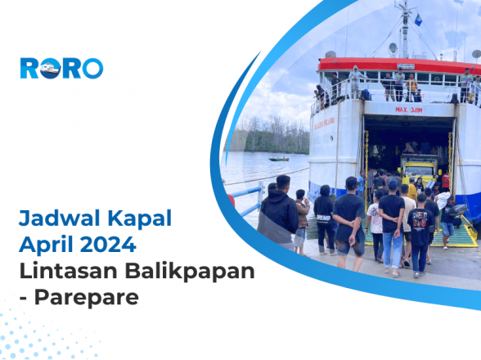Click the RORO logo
point(61,68)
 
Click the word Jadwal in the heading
point(52,219)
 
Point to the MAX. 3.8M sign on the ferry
point(408,109)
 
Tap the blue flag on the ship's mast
point(418,19)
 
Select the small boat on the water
point(279,158)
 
